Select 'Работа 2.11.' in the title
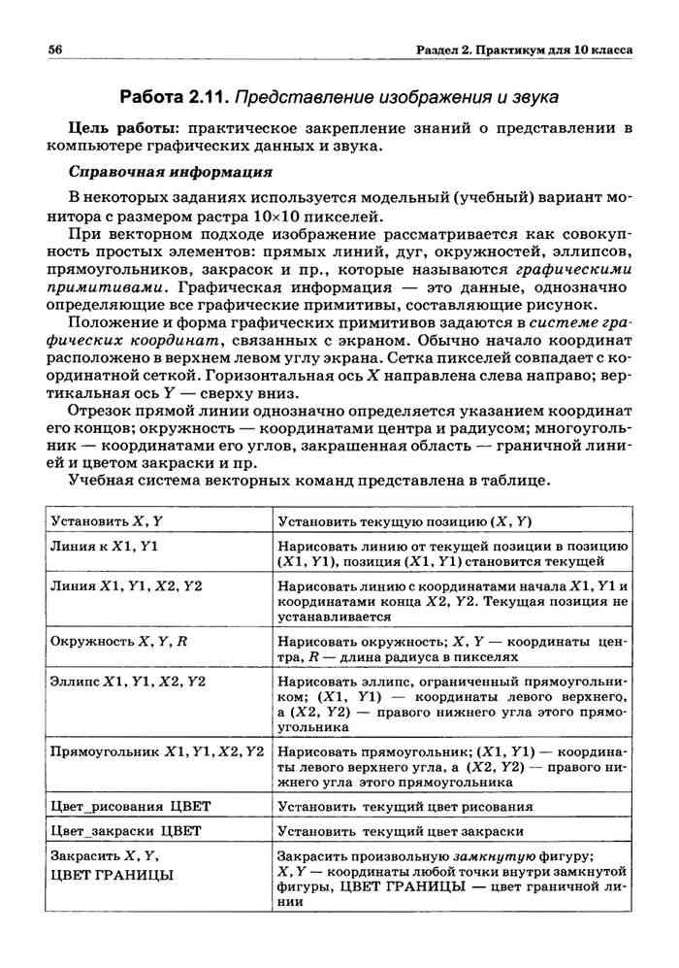coord(174,97)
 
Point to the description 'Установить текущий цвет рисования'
coord(404,807)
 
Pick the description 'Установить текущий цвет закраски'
coord(401,832)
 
